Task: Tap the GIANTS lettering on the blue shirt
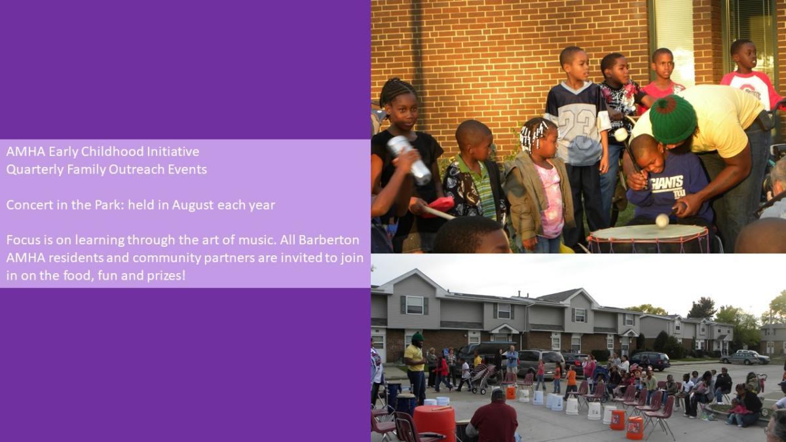(x=667, y=183)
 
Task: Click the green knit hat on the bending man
(x=672, y=119)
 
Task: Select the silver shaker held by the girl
(x=409, y=159)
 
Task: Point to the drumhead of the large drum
(x=648, y=232)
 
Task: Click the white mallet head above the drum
(x=662, y=220)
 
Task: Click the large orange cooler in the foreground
(x=434, y=423)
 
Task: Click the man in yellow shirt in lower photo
(x=415, y=367)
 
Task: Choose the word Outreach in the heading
(x=137, y=170)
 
